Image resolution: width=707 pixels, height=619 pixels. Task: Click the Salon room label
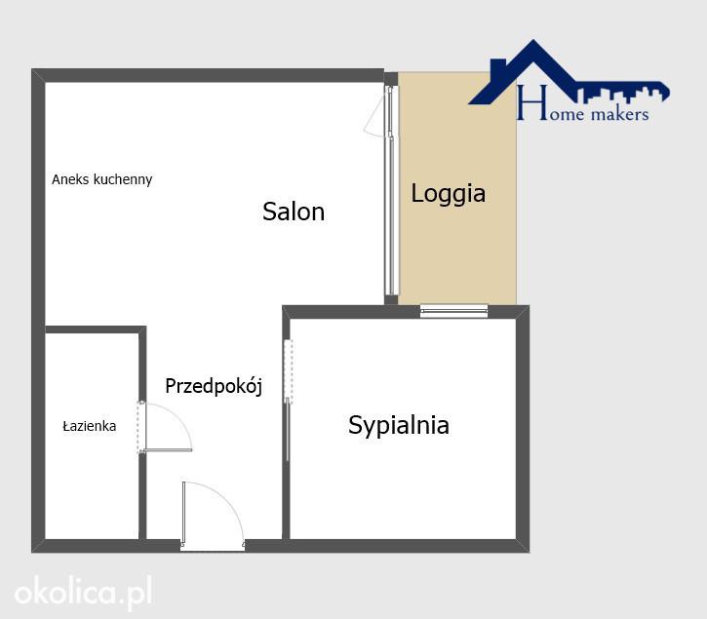(294, 212)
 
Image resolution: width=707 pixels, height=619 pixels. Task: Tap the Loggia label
(449, 194)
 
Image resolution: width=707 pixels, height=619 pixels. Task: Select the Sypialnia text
(399, 426)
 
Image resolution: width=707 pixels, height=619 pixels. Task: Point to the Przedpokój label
(214, 386)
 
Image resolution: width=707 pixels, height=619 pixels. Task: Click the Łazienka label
(90, 426)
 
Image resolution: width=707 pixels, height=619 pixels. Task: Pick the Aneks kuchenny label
(101, 179)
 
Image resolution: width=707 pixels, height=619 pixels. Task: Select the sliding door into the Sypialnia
(288, 402)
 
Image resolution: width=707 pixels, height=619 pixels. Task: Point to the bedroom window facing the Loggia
(453, 311)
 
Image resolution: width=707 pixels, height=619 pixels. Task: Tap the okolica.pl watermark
(83, 593)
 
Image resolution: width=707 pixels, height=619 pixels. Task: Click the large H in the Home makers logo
(532, 102)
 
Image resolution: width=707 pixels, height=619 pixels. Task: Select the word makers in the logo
(620, 114)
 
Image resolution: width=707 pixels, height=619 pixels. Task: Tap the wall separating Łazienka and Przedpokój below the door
(142, 496)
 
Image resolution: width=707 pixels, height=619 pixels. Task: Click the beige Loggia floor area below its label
(457, 257)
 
